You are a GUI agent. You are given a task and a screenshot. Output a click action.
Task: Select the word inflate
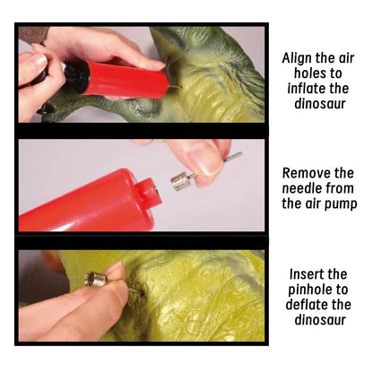[x=304, y=89]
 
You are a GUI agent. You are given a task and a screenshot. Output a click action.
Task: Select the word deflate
[x=305, y=305]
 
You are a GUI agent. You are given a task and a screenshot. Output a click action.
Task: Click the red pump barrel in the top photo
[x=126, y=78]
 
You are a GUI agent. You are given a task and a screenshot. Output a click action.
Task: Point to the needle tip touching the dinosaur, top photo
[x=181, y=87]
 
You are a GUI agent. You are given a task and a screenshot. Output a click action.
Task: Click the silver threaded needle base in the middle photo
[x=180, y=180]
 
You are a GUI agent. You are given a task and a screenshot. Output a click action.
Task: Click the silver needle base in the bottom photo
[x=96, y=280]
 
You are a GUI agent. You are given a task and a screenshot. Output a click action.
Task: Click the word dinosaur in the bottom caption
[x=320, y=320]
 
